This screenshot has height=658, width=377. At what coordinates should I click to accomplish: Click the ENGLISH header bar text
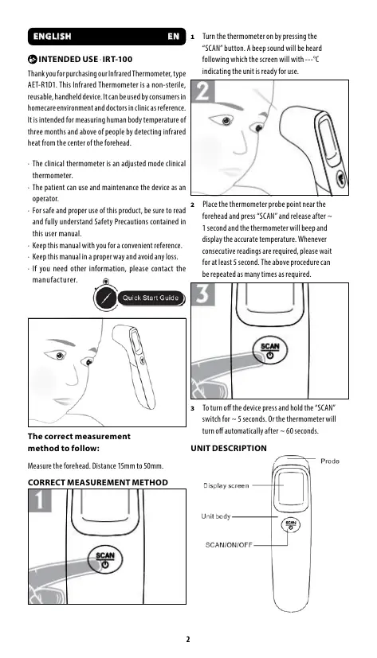(52, 37)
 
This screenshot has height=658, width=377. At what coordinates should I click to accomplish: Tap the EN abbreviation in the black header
(173, 37)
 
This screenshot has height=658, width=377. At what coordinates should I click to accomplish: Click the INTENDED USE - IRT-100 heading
(81, 59)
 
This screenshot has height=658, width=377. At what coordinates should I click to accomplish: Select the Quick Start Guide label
(151, 298)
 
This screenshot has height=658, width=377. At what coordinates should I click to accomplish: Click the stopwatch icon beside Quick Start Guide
(105, 297)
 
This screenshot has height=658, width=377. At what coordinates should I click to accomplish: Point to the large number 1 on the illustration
(40, 500)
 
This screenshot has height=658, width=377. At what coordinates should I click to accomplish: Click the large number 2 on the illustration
(203, 91)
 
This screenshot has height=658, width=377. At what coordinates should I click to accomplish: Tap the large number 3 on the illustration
(203, 294)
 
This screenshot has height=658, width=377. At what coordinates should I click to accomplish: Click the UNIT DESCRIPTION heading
(229, 448)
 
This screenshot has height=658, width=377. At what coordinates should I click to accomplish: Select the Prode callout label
(330, 461)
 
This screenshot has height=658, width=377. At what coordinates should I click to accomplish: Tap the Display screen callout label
(226, 485)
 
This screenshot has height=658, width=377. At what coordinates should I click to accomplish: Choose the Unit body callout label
(216, 516)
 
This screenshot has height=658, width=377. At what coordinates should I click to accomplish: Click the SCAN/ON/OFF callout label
(229, 545)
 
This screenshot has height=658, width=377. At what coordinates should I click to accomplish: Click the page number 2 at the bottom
(188, 639)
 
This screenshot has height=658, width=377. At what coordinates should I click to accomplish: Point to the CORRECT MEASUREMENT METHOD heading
(98, 483)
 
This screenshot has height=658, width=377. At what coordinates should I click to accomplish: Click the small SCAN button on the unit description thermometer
(291, 524)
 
